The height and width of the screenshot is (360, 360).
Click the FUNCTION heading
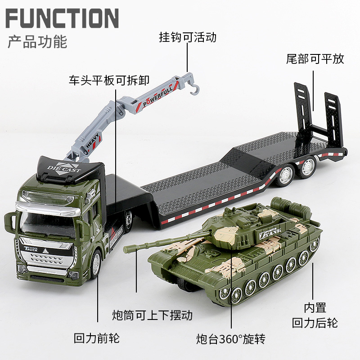click(x=62, y=18)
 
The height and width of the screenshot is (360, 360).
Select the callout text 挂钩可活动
click(x=188, y=37)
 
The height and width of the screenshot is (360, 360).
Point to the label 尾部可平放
click(x=315, y=58)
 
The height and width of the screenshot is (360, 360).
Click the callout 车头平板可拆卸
click(x=109, y=81)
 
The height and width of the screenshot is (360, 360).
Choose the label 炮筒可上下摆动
click(x=152, y=315)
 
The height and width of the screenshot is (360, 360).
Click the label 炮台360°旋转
click(x=234, y=338)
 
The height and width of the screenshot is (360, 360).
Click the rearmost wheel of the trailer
click(x=307, y=167)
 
